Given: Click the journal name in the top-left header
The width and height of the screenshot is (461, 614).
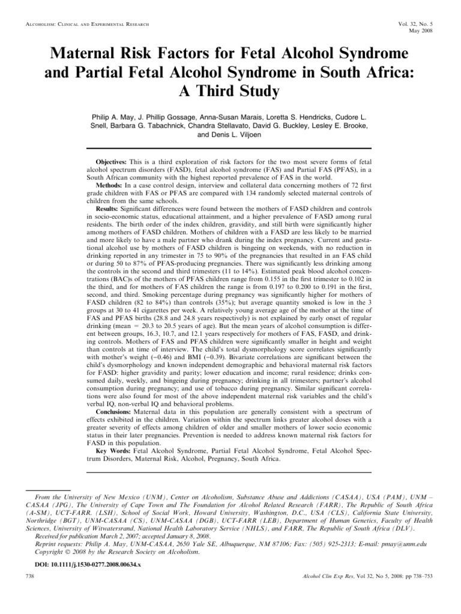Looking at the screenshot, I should [x=84, y=24].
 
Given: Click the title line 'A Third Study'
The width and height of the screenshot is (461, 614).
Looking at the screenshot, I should [x=230, y=94].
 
